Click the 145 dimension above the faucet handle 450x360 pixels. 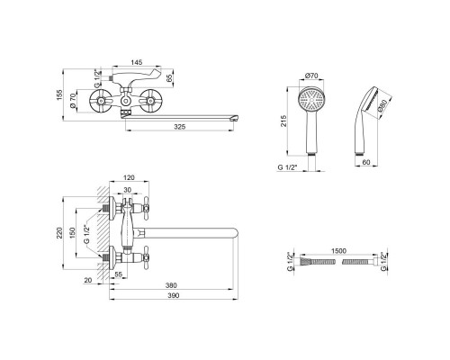(x=136, y=62)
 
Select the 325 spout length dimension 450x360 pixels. (x=180, y=127)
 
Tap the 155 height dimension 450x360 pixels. (x=59, y=94)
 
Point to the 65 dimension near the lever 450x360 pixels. (x=169, y=78)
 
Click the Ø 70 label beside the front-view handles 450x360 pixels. (x=73, y=101)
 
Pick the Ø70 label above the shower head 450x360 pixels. (x=311, y=76)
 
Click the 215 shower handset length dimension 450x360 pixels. (x=283, y=121)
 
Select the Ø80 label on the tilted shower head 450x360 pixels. (x=382, y=105)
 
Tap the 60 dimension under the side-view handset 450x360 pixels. (x=366, y=162)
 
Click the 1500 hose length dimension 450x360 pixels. (x=338, y=251)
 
